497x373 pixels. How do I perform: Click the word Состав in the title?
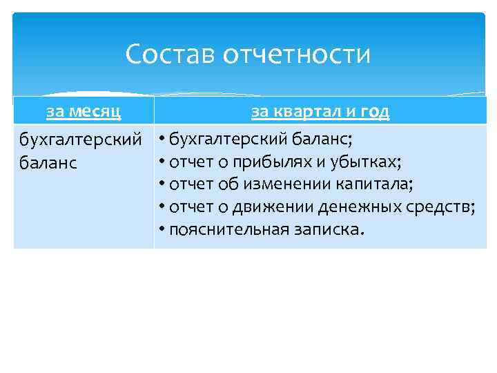tap(170, 55)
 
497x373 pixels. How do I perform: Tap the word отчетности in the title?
tap(297, 55)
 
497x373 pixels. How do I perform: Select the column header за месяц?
tap(84, 111)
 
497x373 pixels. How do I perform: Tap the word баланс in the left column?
tap(48, 163)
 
